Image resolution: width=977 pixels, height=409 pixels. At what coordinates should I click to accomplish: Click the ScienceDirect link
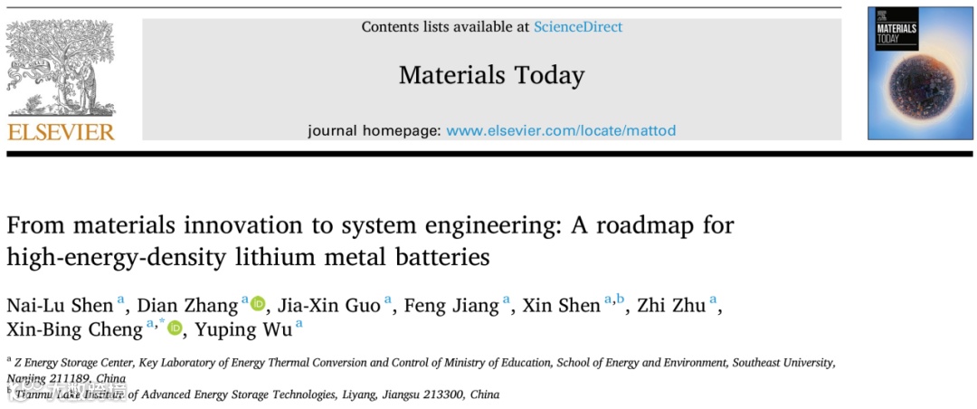[577, 26]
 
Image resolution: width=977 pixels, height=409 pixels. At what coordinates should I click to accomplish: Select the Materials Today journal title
[491, 74]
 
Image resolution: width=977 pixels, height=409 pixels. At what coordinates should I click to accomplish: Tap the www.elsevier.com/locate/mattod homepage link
[561, 130]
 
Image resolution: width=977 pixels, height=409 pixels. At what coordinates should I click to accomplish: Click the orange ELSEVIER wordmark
[61, 132]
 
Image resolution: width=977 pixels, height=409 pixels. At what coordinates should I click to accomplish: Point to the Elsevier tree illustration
[61, 68]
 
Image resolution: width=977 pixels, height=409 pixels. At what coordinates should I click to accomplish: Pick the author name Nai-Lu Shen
[60, 305]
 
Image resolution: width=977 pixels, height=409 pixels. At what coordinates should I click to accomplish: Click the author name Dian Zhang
[187, 305]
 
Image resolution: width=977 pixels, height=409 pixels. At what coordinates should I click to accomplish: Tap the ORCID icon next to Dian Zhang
[259, 305]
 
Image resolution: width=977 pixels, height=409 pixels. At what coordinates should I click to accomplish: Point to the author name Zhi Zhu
[671, 305]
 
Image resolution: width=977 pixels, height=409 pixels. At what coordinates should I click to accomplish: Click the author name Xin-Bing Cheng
[74, 328]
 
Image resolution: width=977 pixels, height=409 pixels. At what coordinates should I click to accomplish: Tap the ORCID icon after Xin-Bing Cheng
[175, 328]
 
